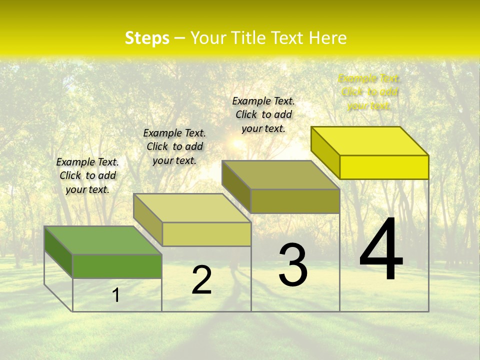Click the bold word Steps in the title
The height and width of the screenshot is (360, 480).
click(x=147, y=38)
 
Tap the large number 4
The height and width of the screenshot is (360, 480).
click(x=381, y=250)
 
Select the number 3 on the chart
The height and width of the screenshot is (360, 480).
click(x=293, y=265)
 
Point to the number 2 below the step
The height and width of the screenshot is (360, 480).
click(x=201, y=280)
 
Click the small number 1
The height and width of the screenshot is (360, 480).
click(x=116, y=295)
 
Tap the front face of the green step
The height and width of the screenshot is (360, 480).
click(x=117, y=266)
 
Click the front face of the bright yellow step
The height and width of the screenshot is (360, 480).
click(x=384, y=167)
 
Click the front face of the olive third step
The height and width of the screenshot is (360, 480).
click(x=295, y=201)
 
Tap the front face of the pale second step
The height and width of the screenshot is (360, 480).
click(x=206, y=234)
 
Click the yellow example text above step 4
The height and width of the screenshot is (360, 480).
click(x=369, y=92)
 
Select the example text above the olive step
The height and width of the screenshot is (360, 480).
click(x=263, y=114)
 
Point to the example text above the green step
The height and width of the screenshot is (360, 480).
click(x=87, y=175)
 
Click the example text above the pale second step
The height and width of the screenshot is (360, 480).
click(x=174, y=146)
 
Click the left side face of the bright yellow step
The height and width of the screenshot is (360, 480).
click(x=325, y=152)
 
